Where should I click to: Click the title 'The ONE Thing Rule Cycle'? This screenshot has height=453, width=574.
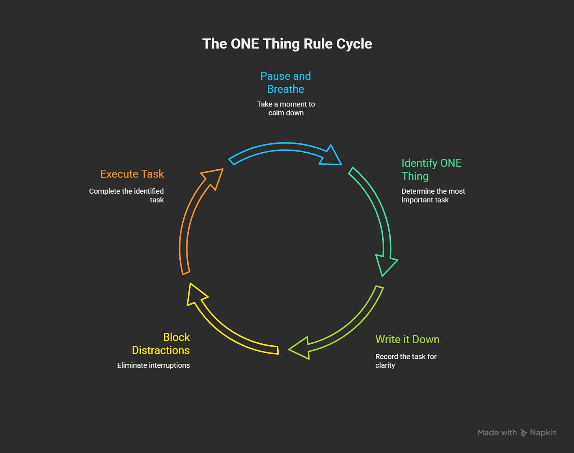click(x=287, y=44)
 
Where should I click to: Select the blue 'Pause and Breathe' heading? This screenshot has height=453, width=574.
click(x=285, y=82)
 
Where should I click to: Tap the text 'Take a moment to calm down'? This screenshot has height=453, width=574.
click(x=286, y=109)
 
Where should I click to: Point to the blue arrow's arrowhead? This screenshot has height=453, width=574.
click(x=332, y=156)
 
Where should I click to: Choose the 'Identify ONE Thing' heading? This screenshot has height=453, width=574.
click(x=431, y=169)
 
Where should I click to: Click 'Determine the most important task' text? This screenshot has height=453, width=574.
click(x=433, y=195)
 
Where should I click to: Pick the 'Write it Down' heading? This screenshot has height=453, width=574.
click(x=407, y=339)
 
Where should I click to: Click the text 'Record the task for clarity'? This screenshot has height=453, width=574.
click(x=406, y=361)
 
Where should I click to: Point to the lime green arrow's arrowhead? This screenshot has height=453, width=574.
click(x=301, y=348)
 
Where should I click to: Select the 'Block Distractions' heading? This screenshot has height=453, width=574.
click(x=161, y=344)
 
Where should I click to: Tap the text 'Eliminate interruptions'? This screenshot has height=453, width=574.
click(x=153, y=365)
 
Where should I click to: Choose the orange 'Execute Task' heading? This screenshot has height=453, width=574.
click(x=132, y=174)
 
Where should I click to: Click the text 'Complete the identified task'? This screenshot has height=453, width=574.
click(x=126, y=195)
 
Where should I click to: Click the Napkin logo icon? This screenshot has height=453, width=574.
click(x=524, y=433)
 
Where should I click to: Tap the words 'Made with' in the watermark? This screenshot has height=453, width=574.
click(x=497, y=433)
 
